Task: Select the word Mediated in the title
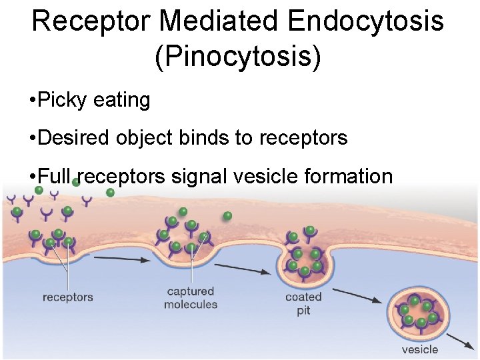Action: click(215, 21)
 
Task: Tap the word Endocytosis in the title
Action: click(366, 21)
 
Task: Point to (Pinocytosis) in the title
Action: click(238, 57)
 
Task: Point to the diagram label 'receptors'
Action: click(67, 297)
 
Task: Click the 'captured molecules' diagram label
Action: click(191, 298)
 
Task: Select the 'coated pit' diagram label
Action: click(303, 303)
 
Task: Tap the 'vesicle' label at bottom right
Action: click(420, 349)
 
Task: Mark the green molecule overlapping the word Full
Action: click(76, 181)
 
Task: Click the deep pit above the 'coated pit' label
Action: click(305, 257)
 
